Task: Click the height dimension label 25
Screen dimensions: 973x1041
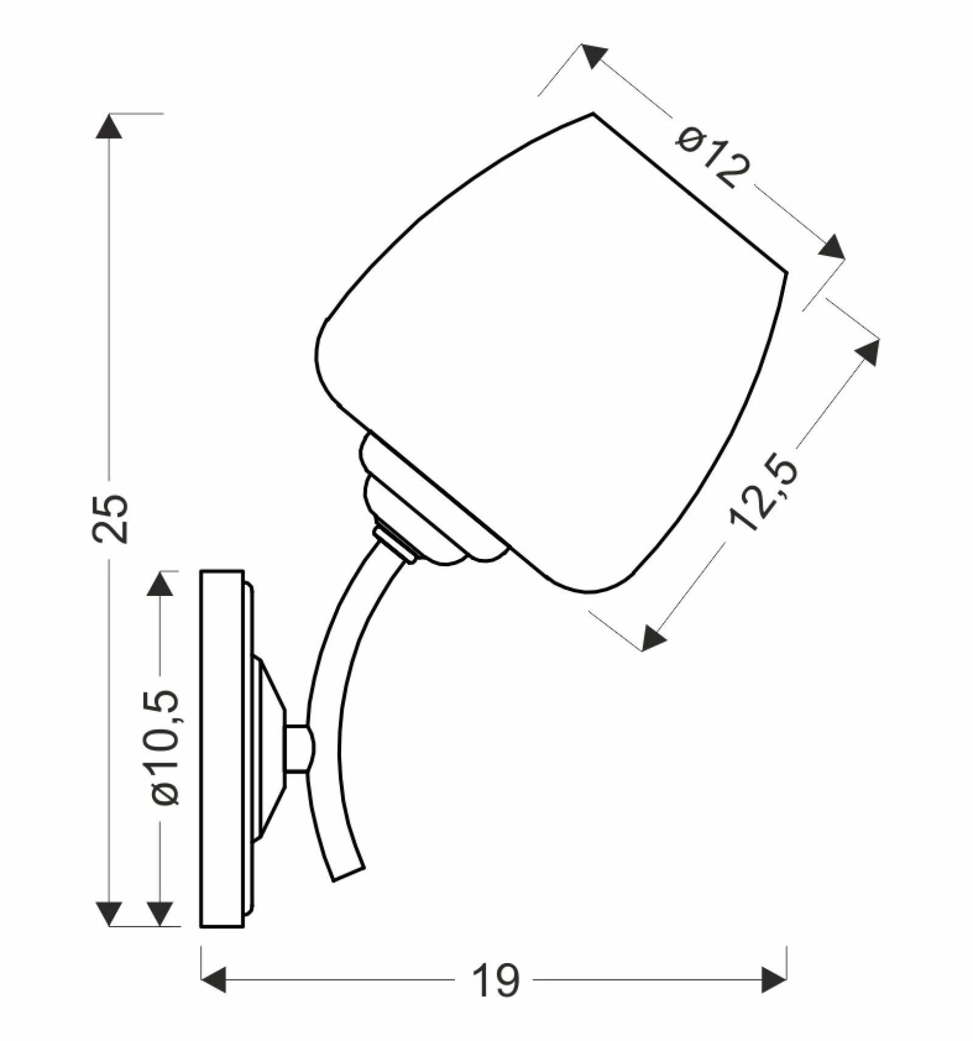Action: click(110, 518)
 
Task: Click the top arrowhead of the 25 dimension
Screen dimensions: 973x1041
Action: click(109, 126)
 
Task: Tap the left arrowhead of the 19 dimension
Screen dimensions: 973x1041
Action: click(213, 980)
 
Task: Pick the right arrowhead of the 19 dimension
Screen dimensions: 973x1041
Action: click(774, 980)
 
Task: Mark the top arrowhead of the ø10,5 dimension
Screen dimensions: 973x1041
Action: click(160, 583)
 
